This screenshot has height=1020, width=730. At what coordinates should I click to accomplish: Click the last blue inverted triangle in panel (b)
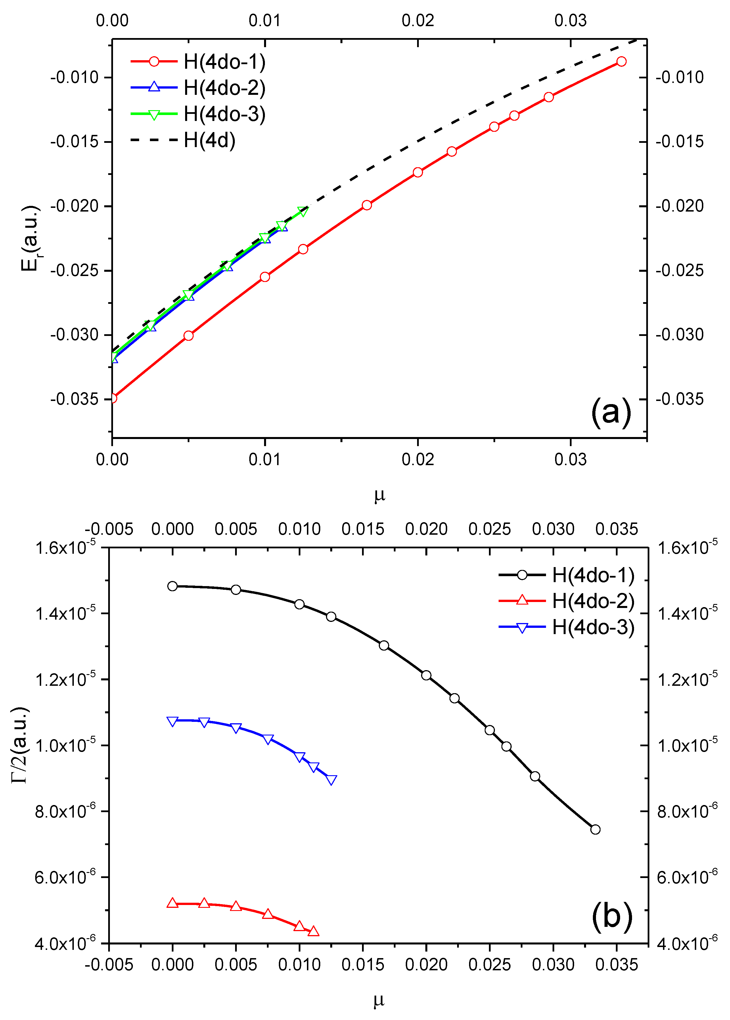pyautogui.click(x=331, y=779)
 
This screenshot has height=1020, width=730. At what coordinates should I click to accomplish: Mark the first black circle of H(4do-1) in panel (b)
pyautogui.click(x=172, y=586)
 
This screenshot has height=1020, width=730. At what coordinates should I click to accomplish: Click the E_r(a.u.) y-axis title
pyautogui.click(x=31, y=238)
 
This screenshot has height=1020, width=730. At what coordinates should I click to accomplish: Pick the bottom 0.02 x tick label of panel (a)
pyautogui.click(x=418, y=459)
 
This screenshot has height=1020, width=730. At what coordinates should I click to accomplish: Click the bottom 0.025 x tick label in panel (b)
pyautogui.click(x=490, y=965)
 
